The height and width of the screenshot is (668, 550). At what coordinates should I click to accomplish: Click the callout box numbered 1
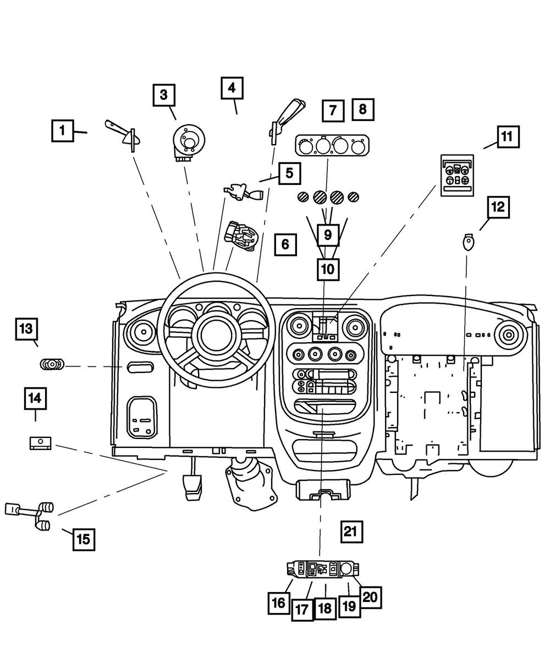[63, 131]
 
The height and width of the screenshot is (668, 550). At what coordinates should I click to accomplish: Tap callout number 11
[508, 135]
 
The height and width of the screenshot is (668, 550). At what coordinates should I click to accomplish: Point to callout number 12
[497, 207]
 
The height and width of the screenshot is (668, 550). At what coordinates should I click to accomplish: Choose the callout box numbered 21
[351, 531]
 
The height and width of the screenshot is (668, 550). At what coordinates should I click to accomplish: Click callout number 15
[83, 539]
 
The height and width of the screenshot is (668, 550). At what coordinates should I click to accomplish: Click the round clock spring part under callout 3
[188, 142]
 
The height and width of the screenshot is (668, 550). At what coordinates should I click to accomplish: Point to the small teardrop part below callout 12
[468, 242]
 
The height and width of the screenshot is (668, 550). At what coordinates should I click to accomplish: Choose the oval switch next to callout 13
[52, 364]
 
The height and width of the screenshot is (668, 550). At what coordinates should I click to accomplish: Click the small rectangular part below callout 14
[40, 442]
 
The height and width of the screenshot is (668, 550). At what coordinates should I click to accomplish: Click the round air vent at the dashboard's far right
[507, 334]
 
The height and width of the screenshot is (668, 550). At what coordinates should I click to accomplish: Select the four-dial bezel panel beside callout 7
[332, 146]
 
